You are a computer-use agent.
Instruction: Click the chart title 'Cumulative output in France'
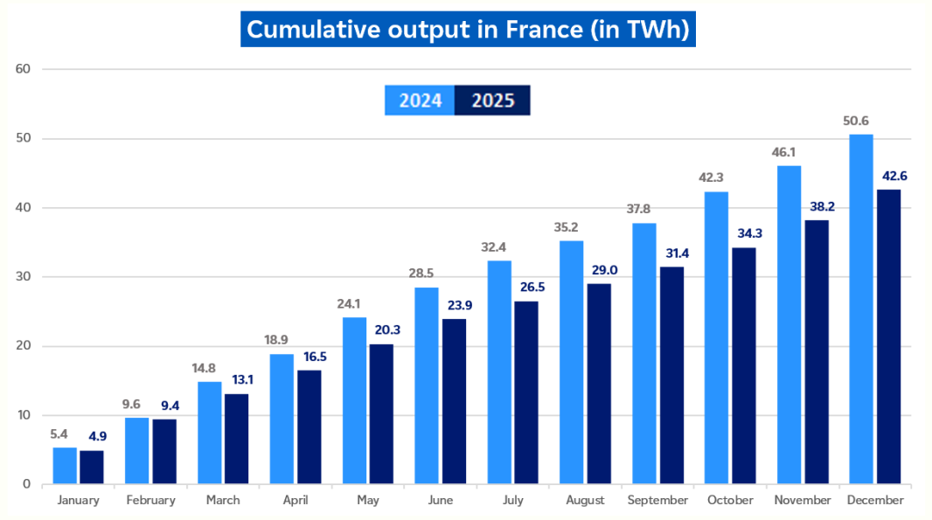(x=468, y=29)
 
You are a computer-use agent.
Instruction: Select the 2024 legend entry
(x=420, y=101)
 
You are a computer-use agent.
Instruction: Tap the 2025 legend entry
(x=493, y=101)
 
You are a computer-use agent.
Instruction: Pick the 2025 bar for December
(x=888, y=336)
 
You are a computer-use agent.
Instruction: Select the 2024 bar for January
(x=65, y=465)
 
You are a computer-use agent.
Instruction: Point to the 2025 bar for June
(x=454, y=401)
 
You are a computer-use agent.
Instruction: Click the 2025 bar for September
(x=671, y=375)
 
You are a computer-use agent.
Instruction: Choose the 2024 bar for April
(x=282, y=419)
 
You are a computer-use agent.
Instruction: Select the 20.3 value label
(x=381, y=331)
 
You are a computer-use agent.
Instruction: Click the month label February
(x=150, y=501)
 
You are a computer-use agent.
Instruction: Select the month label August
(x=585, y=501)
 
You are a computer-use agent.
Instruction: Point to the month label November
(x=802, y=501)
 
